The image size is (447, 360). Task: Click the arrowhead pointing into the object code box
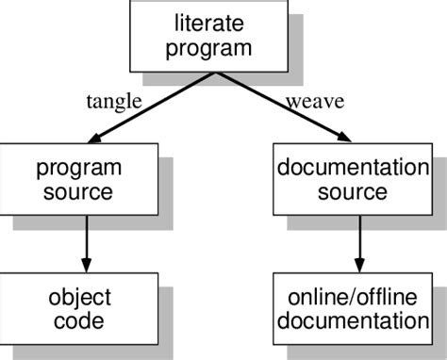(87, 265)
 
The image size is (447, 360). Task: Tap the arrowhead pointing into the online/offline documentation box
(358, 265)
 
